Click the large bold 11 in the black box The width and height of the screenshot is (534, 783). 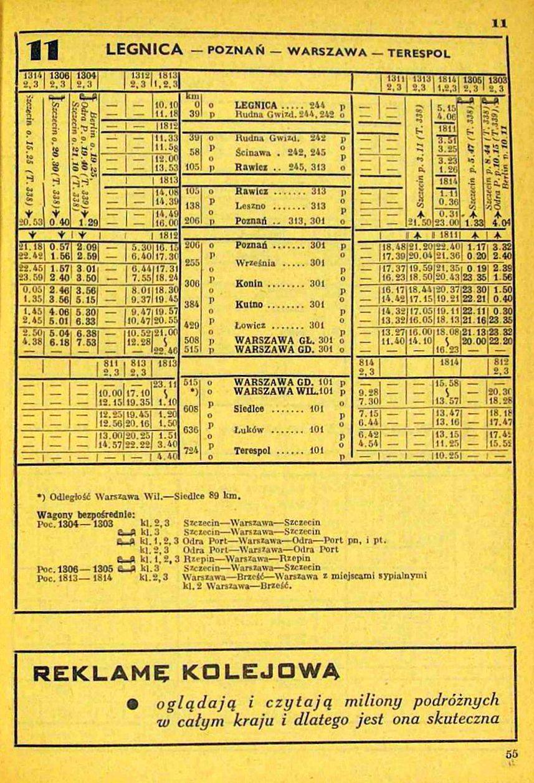pos(41,50)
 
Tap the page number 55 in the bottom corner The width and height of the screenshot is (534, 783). pos(512,753)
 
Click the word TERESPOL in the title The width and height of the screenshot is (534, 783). pos(419,52)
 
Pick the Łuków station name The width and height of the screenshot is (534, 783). pos(249,430)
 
